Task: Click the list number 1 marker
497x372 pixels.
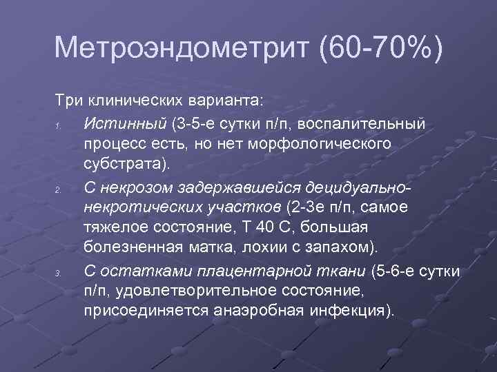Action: [60, 125]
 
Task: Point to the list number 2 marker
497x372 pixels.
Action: [60, 189]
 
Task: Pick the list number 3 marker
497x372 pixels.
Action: [60, 273]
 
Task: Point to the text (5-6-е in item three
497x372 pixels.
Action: [395, 271]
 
